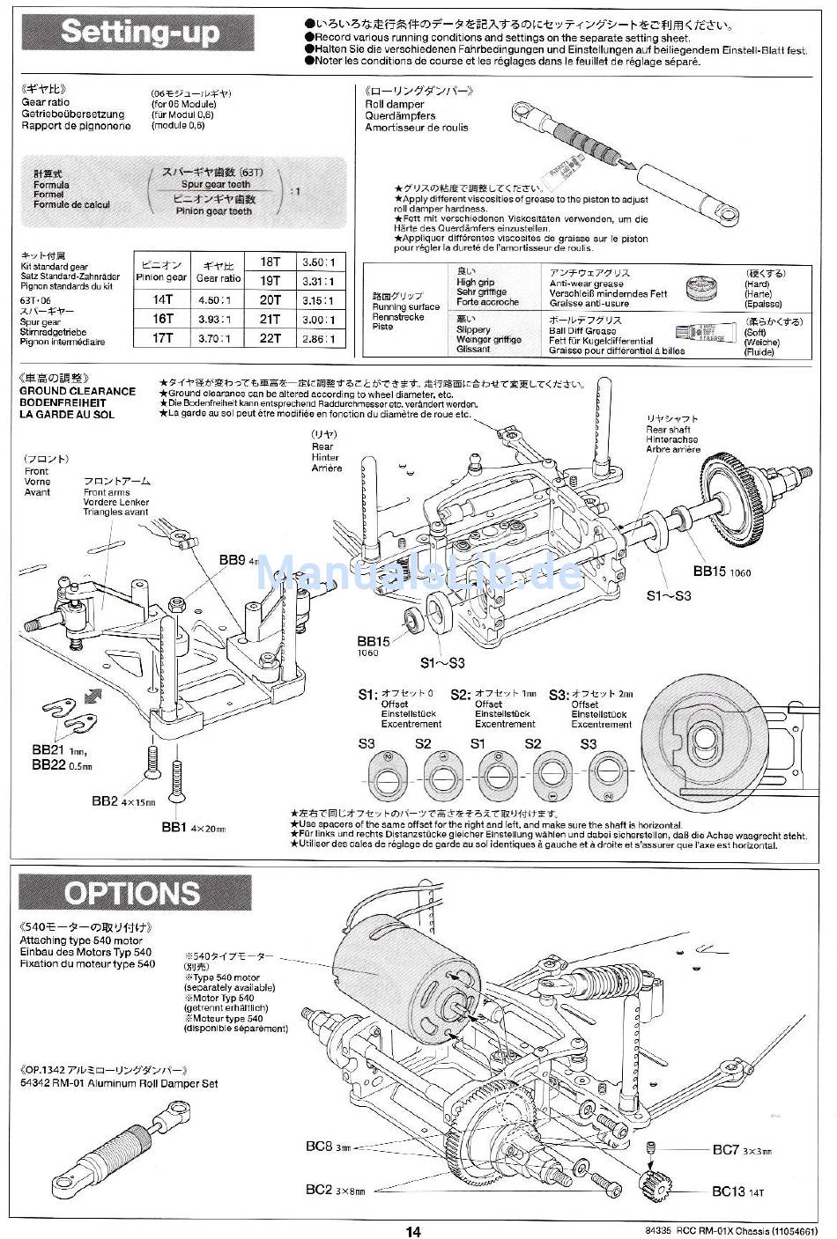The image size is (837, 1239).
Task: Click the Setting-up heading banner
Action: [x=138, y=33]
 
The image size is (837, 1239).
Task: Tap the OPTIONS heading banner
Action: [x=132, y=893]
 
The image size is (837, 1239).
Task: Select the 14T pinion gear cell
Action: [x=162, y=299]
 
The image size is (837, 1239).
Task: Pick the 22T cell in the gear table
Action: [x=270, y=339]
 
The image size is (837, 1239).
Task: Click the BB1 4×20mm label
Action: [x=194, y=828]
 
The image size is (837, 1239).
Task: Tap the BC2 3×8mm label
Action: [x=335, y=1190]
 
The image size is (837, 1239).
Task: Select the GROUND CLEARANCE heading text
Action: [x=78, y=391]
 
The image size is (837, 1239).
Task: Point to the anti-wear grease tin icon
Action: [x=701, y=289]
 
